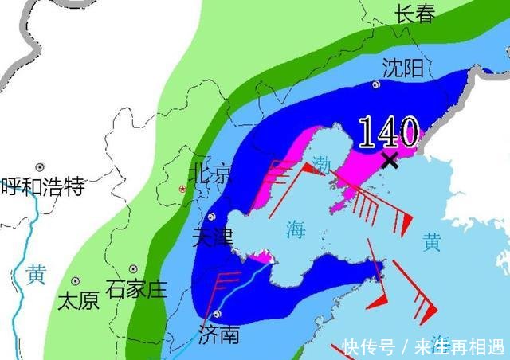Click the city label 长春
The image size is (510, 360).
[x=415, y=13]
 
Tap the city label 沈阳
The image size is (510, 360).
[x=402, y=68]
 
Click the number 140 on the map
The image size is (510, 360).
[x=388, y=131]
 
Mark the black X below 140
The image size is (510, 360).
[x=390, y=161]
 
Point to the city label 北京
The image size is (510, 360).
[x=211, y=173]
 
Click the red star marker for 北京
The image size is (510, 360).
[x=183, y=189]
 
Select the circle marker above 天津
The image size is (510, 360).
[x=211, y=217]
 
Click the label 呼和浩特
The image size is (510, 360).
[x=42, y=187]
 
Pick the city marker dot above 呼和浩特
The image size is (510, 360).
[x=39, y=168]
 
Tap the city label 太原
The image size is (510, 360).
[x=77, y=300]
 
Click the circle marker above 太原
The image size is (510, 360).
[x=76, y=281]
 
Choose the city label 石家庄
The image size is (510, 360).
[x=136, y=288]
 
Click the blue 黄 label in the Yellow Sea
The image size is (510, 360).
[x=431, y=243]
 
